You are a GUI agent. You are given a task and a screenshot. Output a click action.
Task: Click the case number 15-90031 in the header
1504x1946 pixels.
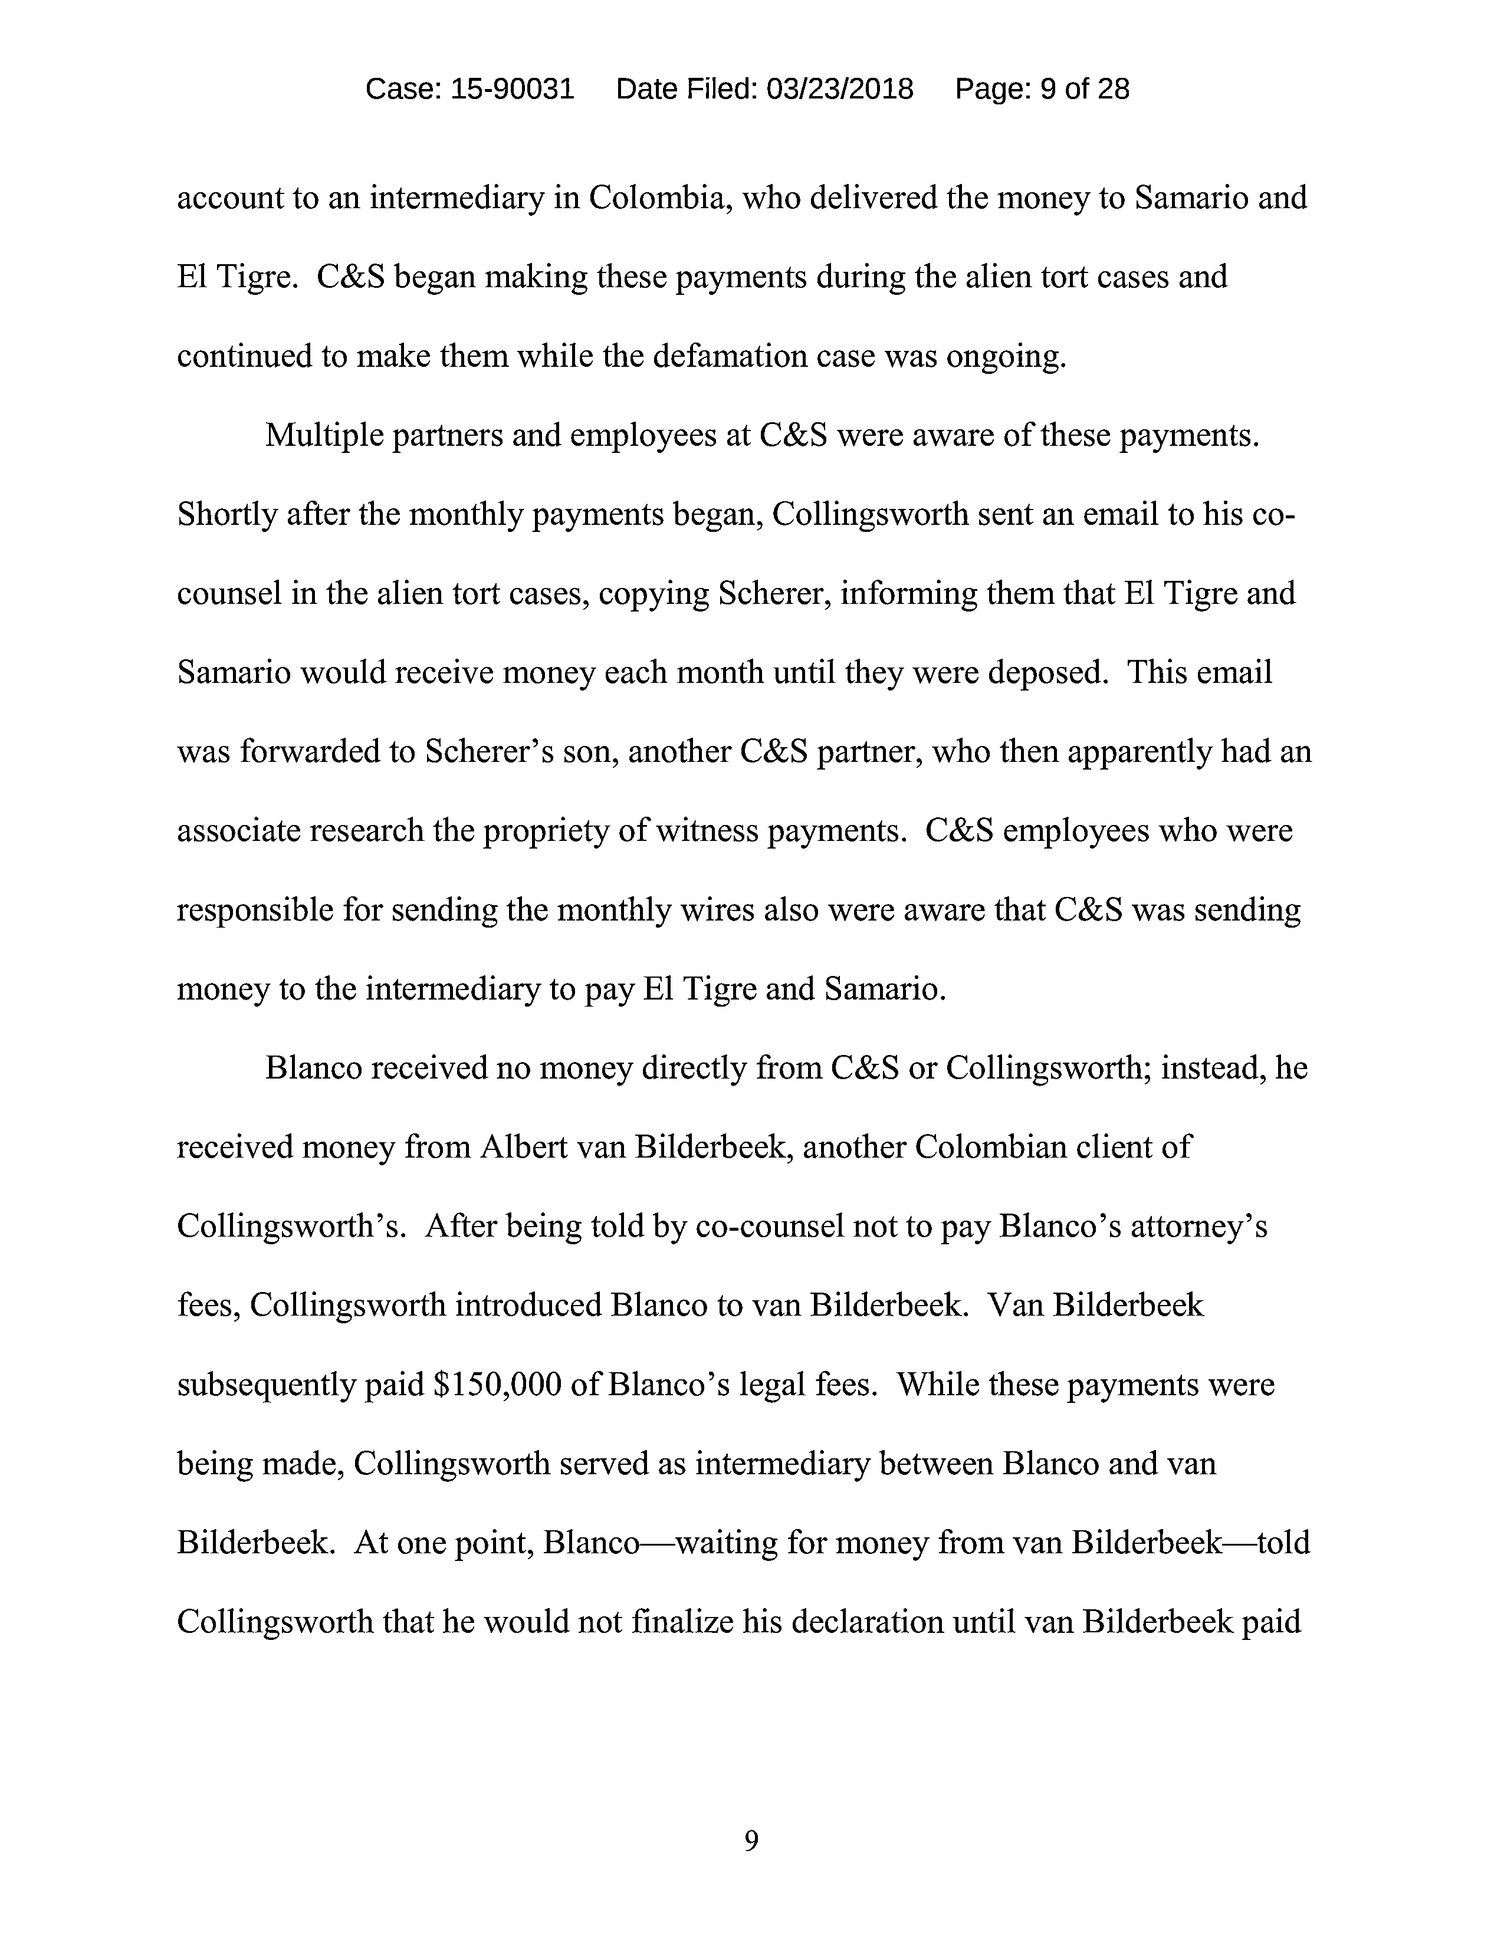[513, 89]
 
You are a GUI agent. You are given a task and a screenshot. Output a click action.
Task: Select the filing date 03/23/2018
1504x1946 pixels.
[839, 89]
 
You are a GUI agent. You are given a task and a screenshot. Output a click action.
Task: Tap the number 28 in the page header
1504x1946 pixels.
[1113, 89]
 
